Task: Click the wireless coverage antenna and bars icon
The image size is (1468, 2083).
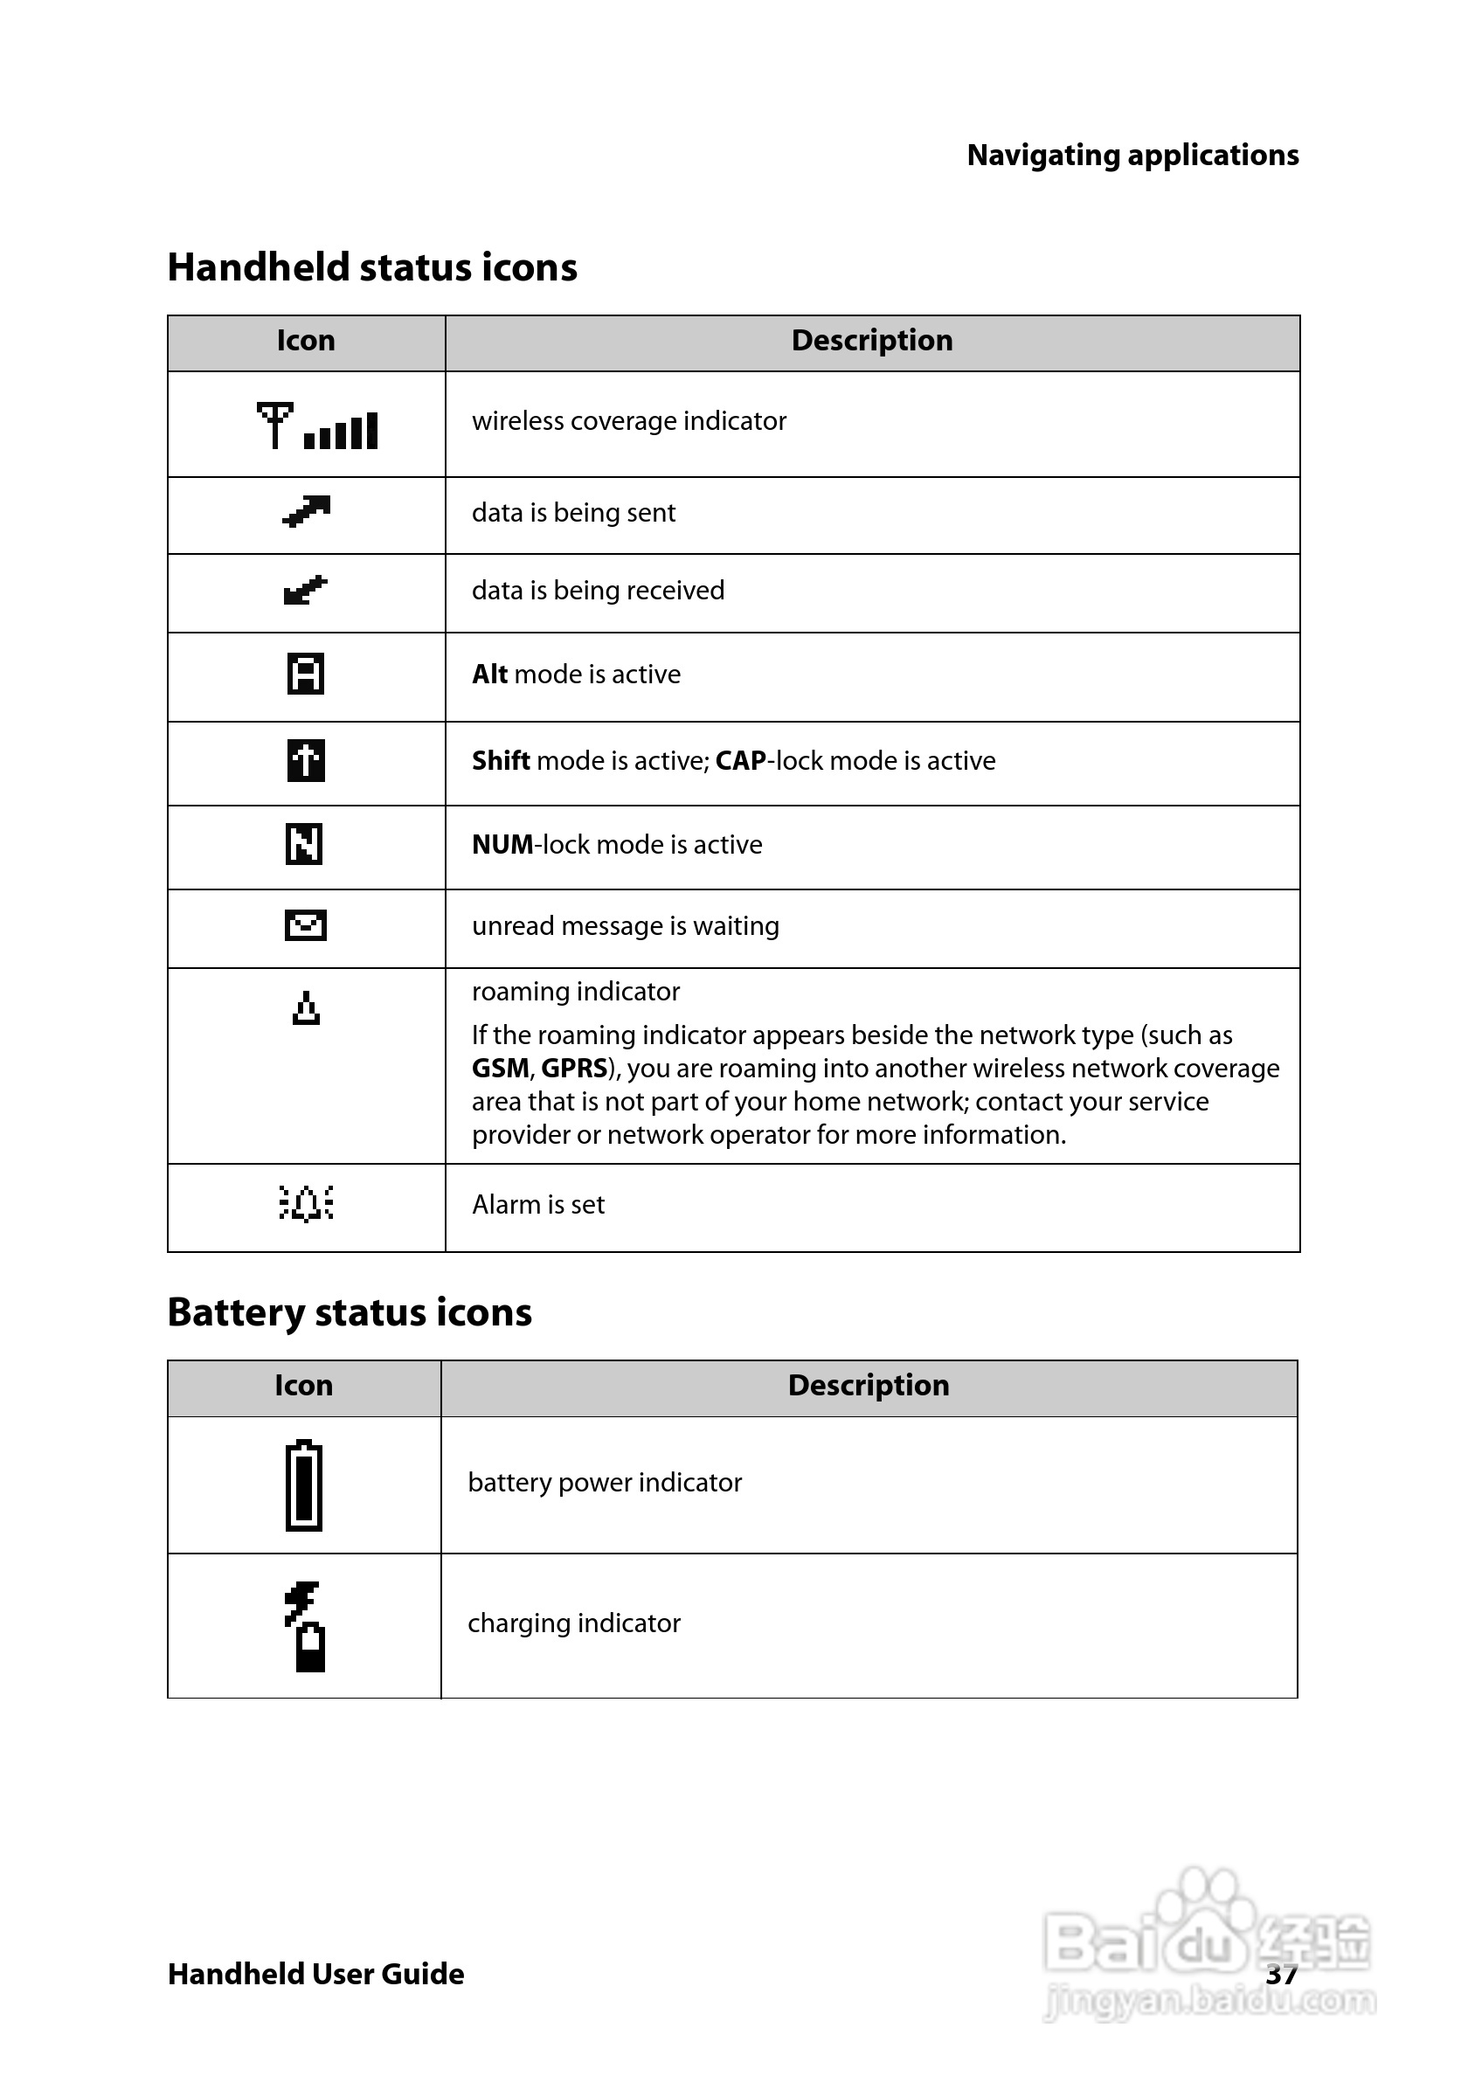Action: pos(316,426)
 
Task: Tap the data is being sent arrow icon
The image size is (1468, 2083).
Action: pos(306,512)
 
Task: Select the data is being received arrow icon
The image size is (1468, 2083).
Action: pos(306,591)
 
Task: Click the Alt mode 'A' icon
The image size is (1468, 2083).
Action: pos(306,673)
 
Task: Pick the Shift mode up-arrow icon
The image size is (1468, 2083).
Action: pos(306,760)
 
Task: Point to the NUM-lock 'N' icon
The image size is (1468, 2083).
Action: pos(305,844)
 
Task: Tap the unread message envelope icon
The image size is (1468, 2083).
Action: pos(306,925)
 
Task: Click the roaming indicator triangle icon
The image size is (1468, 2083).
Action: pos(307,1008)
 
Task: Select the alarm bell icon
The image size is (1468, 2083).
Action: pos(306,1203)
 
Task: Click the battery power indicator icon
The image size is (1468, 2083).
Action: pos(304,1485)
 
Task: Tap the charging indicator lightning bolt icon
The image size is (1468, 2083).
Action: pos(306,1626)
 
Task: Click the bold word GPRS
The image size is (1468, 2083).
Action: pos(573,1068)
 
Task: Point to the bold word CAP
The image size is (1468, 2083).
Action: pos(740,760)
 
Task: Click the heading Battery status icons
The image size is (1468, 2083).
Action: pos(350,1312)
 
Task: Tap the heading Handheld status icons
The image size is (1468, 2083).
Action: pos(372,267)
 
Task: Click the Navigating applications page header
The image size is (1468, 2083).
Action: pos(1132,156)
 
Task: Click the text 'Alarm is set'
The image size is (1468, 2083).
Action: pos(538,1205)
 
